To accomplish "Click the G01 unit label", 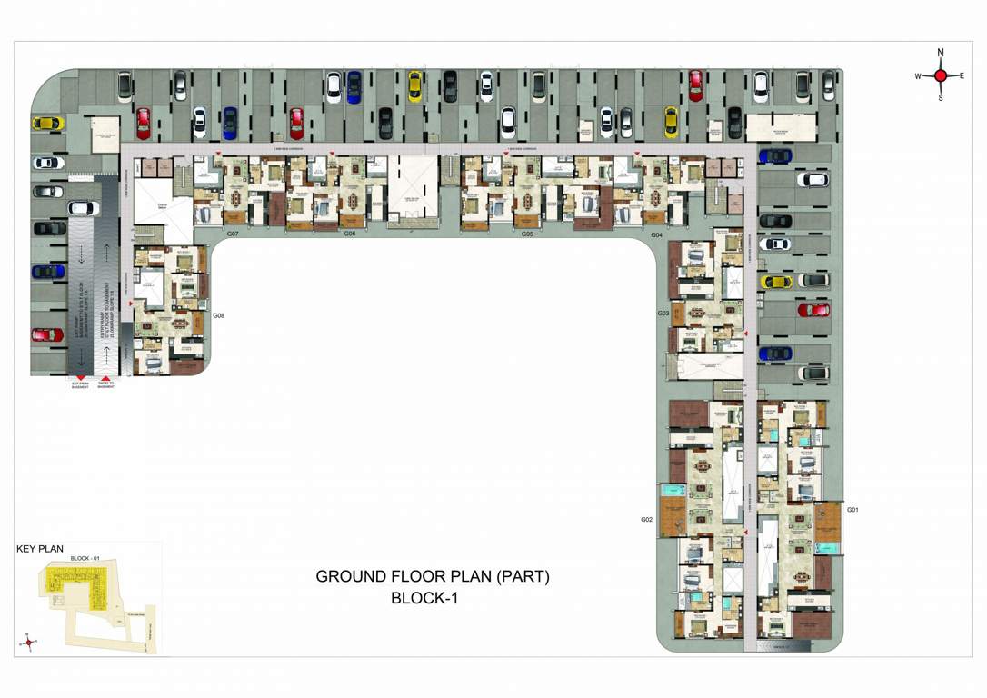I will (x=852, y=510).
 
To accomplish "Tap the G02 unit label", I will (x=646, y=520).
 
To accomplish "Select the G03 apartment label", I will (x=663, y=313).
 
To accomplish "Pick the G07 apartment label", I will (x=233, y=234).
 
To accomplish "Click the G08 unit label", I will (x=218, y=315).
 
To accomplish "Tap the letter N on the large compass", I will (x=941, y=53).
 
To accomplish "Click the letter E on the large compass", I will (x=962, y=75).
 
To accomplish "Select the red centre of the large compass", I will (x=941, y=75).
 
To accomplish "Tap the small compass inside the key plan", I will (x=29, y=641).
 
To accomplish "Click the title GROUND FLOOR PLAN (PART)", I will (x=433, y=576).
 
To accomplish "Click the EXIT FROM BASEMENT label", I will (x=81, y=385).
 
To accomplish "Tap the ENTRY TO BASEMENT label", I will (x=107, y=385).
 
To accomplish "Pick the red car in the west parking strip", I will (x=45, y=334).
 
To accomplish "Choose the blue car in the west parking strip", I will (x=45, y=271).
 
